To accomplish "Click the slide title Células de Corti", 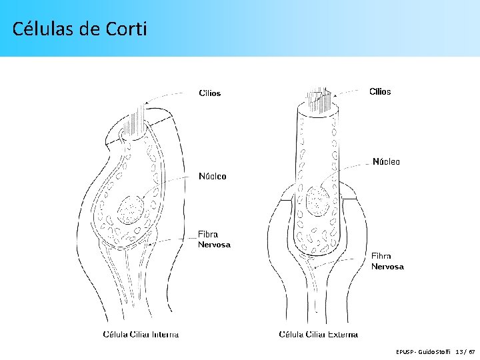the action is (79, 29).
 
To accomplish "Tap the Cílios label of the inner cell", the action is (210, 93).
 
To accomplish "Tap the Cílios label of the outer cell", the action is (380, 92).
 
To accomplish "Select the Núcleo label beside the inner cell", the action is (213, 177).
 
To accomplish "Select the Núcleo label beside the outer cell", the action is (386, 162).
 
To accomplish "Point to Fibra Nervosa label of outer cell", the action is (387, 261).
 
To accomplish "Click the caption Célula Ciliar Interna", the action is (141, 334).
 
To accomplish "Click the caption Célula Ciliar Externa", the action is (318, 335).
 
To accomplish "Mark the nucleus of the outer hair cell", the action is (317, 198).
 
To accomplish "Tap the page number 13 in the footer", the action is (459, 351).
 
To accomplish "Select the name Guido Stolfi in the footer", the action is (435, 351).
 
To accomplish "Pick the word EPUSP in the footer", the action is (405, 351).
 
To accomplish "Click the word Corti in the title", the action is (126, 29).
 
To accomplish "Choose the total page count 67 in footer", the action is (471, 351).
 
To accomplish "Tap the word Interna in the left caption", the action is (165, 334).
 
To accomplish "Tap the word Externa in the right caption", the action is (343, 335).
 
